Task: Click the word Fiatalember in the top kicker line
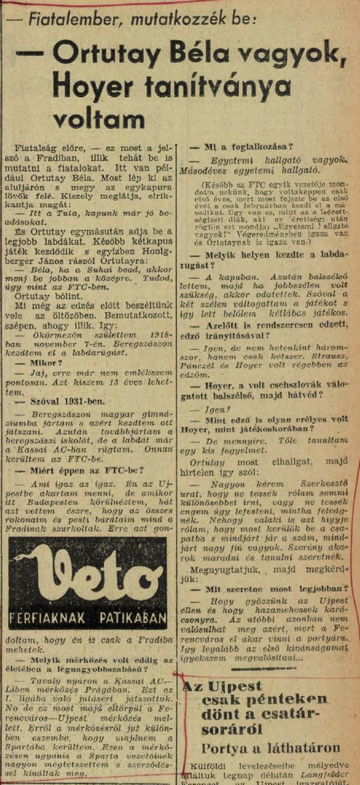click(x=74, y=20)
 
